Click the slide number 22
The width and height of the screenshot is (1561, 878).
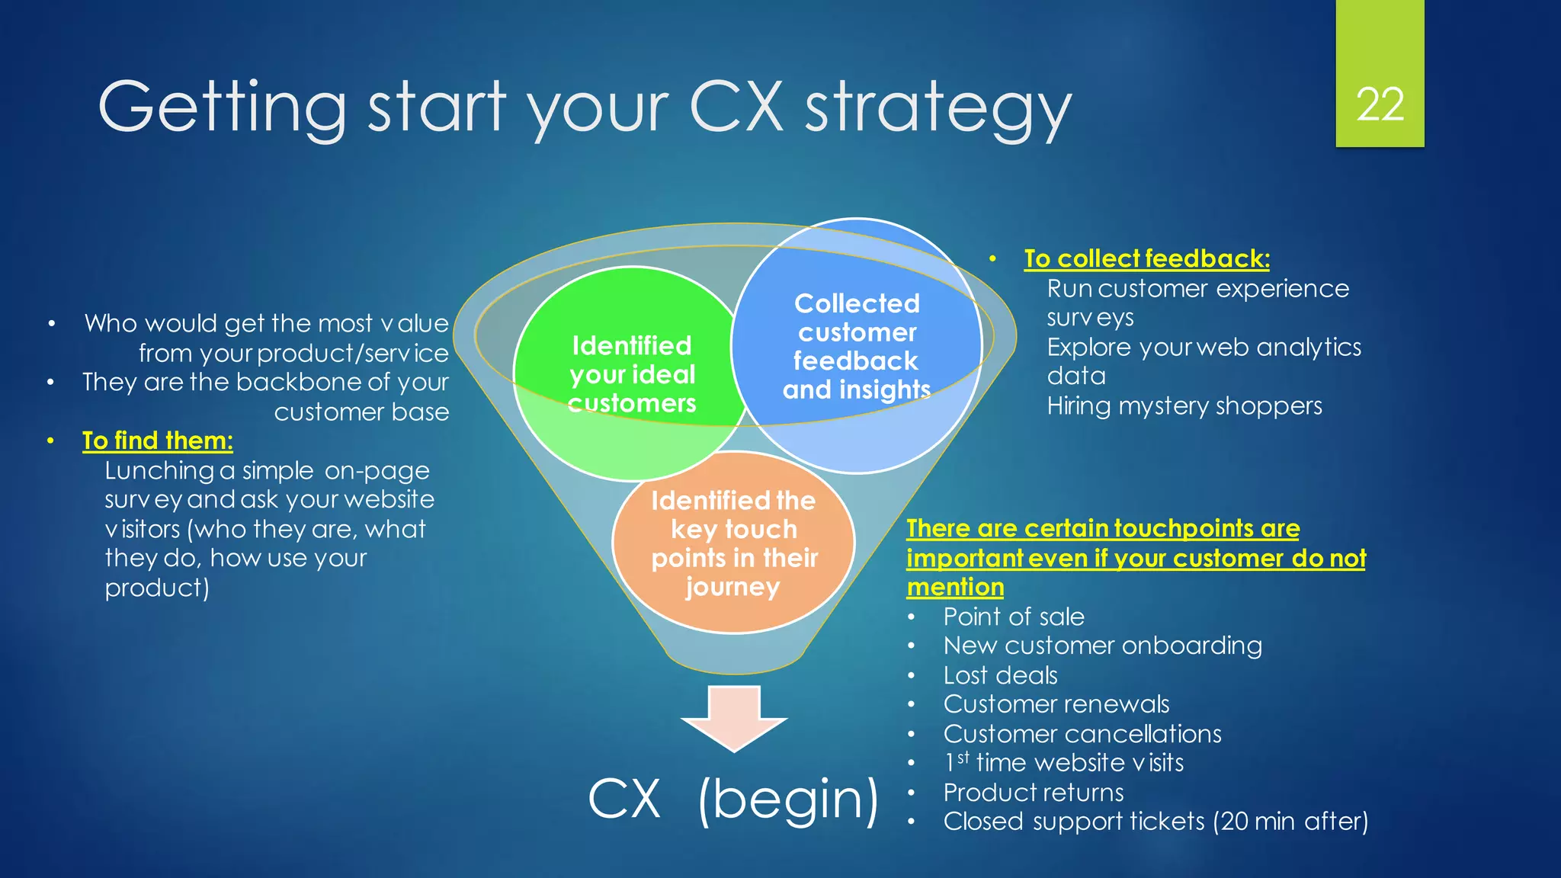tap(1380, 104)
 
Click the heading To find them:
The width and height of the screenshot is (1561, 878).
tap(158, 441)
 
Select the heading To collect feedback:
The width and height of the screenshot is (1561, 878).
tap(1146, 258)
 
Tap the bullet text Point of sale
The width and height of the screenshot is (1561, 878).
tap(1013, 617)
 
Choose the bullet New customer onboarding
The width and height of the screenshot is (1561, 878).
tap(1102, 646)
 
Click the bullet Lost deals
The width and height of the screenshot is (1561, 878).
tap(1000, 675)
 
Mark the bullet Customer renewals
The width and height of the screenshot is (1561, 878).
tap(1056, 704)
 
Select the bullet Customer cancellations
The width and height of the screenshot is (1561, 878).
tap(1082, 733)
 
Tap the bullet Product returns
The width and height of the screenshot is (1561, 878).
tap(1033, 793)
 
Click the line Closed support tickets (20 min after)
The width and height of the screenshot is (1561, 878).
tap(1155, 822)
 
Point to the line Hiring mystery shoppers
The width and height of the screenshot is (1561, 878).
tap(1184, 405)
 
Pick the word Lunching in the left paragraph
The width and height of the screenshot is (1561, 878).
tap(159, 471)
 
